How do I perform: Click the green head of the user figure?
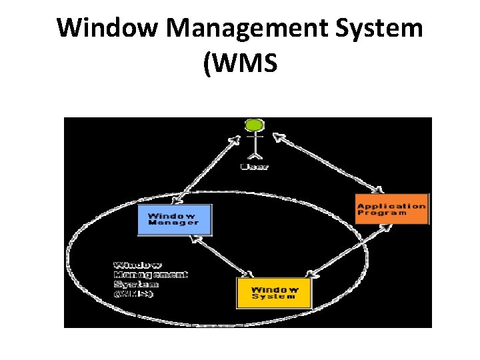tap(254, 125)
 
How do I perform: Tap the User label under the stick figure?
tap(254, 166)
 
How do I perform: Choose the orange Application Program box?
tap(391, 209)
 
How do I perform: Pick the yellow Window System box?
tap(274, 293)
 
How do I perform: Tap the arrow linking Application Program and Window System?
tap(347, 251)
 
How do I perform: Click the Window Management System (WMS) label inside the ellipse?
tap(150, 279)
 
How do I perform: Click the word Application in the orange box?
tap(391, 205)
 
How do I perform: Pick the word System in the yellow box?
tap(274, 297)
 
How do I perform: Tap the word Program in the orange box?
tap(382, 213)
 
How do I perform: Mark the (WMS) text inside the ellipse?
tap(133, 294)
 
